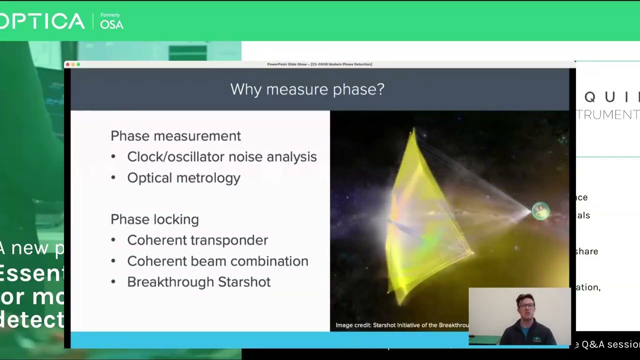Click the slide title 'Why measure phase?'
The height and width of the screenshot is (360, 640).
click(307, 89)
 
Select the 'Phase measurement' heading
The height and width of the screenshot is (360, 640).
click(175, 136)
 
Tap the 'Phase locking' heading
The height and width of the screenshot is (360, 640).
click(154, 219)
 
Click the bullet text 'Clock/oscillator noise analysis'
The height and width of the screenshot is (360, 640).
click(221, 157)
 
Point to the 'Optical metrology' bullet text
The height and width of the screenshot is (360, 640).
click(183, 178)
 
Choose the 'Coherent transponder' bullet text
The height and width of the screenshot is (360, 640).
click(197, 240)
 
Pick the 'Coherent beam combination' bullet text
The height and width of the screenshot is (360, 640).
click(217, 261)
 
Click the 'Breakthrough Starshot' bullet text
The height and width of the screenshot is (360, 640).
click(198, 282)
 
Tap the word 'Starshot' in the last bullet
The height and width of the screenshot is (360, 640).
click(244, 282)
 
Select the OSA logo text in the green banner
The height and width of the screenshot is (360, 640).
click(111, 24)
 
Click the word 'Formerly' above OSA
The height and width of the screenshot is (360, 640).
click(110, 15)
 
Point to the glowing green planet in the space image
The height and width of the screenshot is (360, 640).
click(540, 211)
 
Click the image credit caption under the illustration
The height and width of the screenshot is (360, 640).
click(402, 325)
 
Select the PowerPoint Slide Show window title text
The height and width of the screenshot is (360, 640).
click(319, 64)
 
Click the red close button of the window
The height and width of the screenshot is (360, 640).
click(68, 64)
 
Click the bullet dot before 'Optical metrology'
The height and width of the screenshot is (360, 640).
click(113, 178)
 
